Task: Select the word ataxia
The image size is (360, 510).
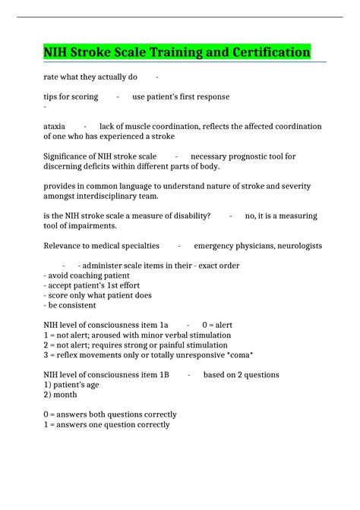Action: pyautogui.click(x=54, y=126)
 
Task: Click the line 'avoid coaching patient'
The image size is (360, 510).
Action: pyautogui.click(x=87, y=275)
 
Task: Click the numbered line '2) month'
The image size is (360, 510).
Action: pyautogui.click(x=60, y=395)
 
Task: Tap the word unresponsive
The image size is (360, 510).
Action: pyautogui.click(x=201, y=355)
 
